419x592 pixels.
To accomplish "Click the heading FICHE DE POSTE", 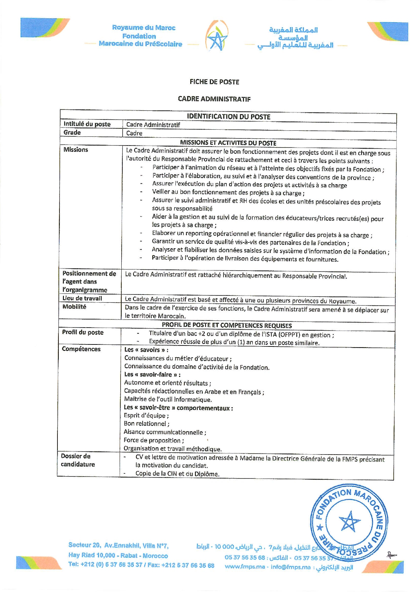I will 214,82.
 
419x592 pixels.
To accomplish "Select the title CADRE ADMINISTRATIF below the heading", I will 214,99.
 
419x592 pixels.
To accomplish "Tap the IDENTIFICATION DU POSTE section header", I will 228,117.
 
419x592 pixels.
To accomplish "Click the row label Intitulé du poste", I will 87,124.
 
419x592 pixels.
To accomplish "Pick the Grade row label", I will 72,132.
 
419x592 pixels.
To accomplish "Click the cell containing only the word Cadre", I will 134,133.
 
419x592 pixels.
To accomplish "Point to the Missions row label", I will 75,150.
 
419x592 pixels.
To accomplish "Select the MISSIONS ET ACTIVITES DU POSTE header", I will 228,143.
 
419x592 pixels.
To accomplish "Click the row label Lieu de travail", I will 82,298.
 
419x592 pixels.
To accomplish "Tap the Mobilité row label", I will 74,307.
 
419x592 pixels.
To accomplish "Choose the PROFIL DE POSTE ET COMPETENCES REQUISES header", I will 227,326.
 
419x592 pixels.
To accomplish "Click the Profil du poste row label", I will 82,332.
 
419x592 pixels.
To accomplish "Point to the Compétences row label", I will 81,349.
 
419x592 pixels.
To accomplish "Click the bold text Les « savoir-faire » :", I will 152,375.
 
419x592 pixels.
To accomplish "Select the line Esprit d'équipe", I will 146,415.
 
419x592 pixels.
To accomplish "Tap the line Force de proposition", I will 153,440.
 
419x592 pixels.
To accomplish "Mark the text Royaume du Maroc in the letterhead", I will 144,28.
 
